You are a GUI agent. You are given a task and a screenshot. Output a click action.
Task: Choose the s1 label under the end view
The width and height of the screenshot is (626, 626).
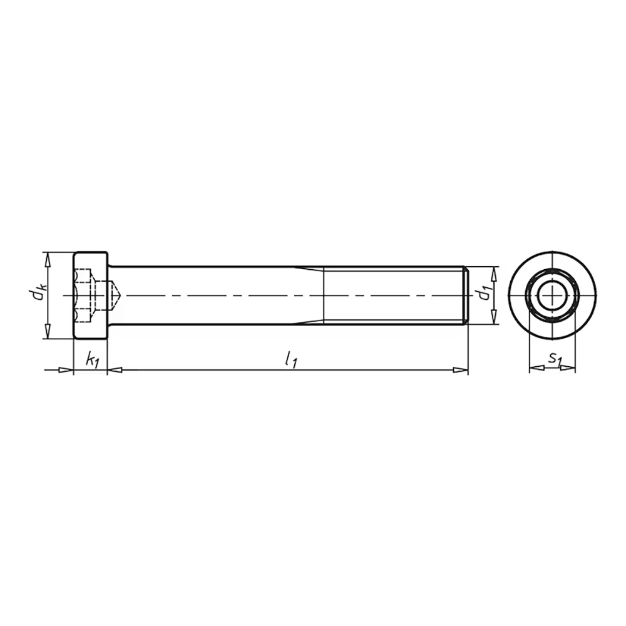[x=555, y=359]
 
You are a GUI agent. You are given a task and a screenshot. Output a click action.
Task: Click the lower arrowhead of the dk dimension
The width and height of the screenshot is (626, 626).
[x=48, y=332]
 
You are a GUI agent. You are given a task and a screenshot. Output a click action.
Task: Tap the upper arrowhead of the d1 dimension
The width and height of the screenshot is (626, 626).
[x=495, y=274]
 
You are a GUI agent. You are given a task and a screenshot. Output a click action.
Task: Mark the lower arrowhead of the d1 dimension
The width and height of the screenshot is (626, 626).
[x=495, y=317]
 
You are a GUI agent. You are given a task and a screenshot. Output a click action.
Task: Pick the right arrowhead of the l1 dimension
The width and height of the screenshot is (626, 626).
[x=460, y=371]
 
